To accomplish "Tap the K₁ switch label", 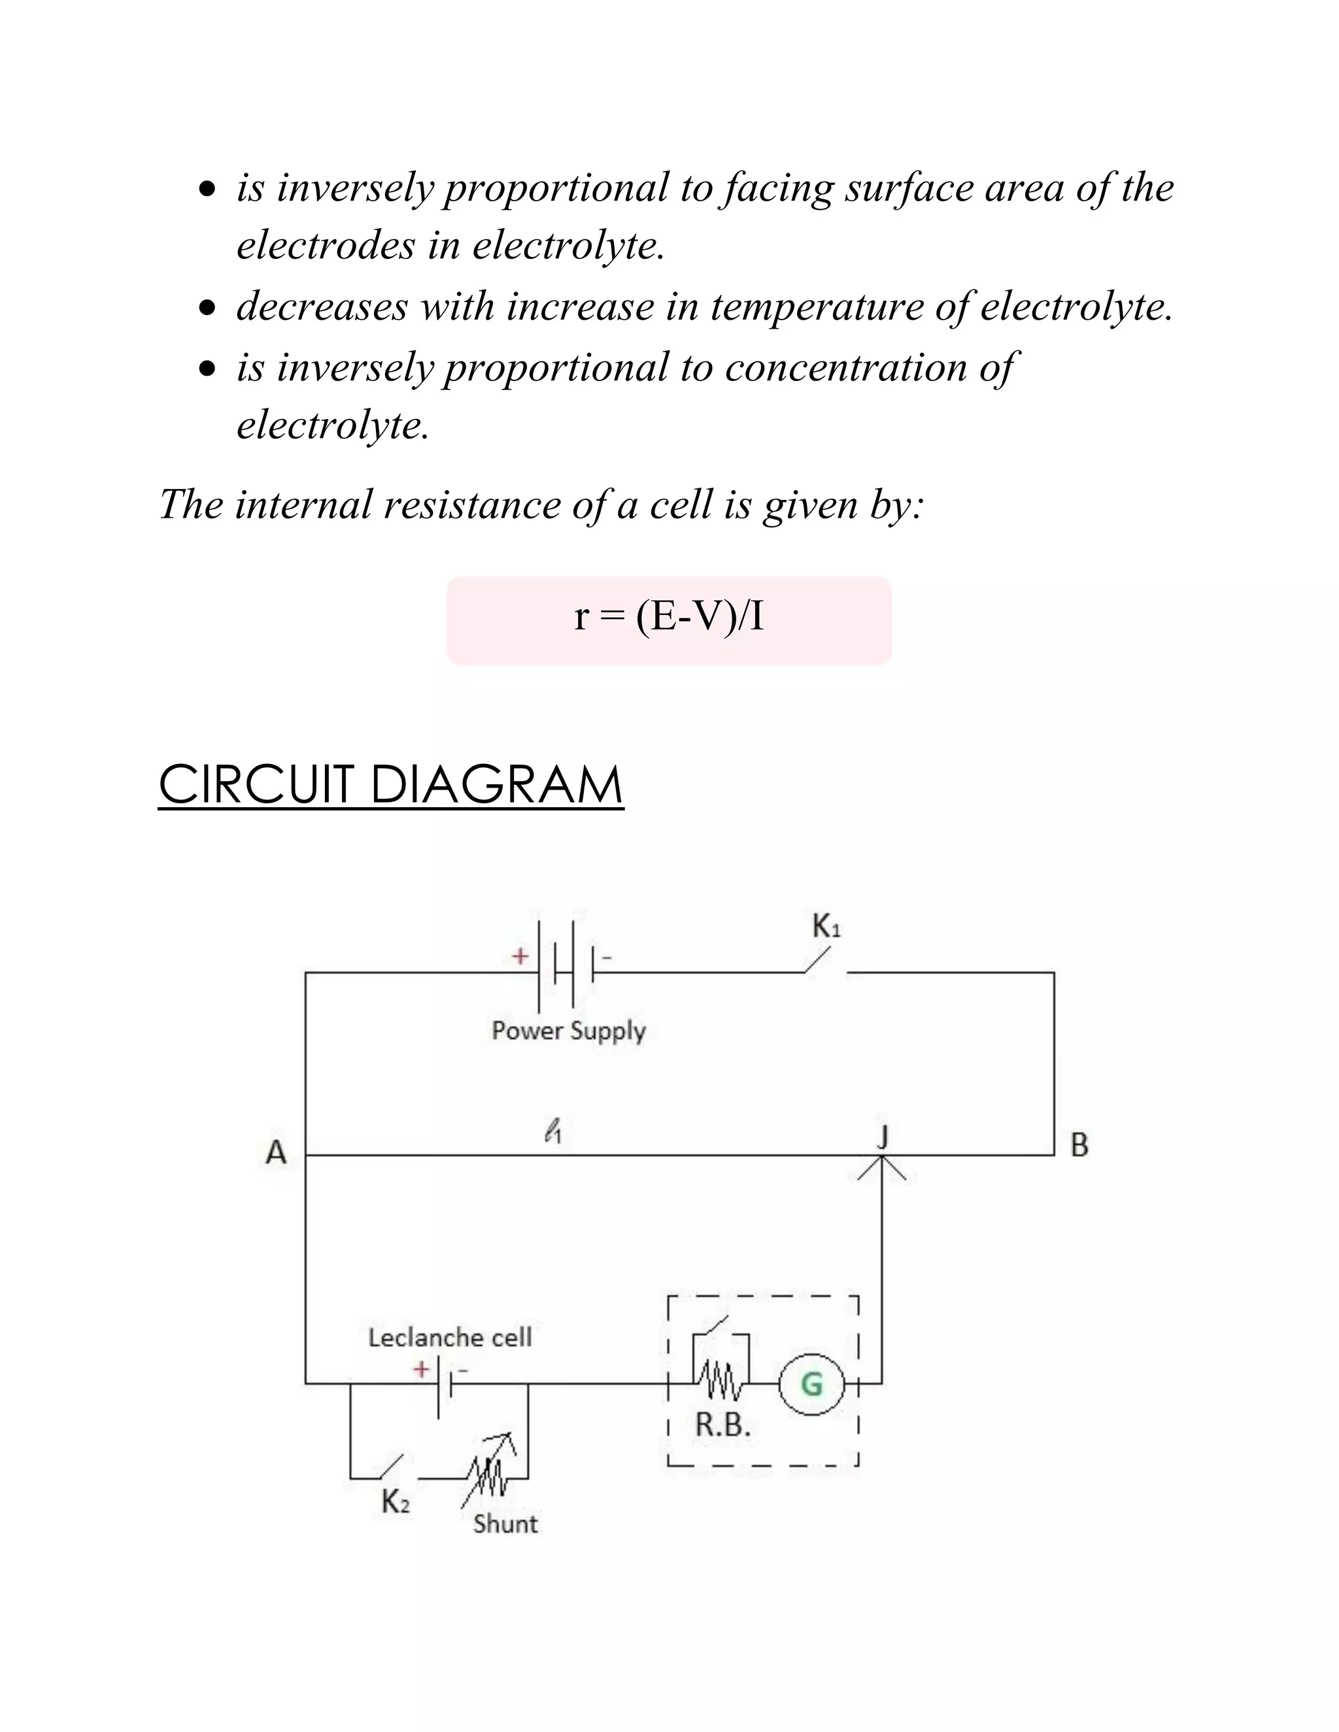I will click(826, 926).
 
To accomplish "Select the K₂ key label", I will click(396, 1501).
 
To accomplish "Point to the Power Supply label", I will click(568, 1031).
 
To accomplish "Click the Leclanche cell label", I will click(450, 1338).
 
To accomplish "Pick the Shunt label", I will click(505, 1524).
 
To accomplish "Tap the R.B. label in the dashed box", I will click(722, 1425).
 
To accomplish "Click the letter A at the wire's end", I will click(276, 1152).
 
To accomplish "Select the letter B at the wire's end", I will click(1079, 1145).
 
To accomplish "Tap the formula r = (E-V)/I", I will click(669, 618).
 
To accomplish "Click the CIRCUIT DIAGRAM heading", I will click(391, 784).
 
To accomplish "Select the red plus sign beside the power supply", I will click(520, 956).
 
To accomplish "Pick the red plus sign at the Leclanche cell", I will click(421, 1369).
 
